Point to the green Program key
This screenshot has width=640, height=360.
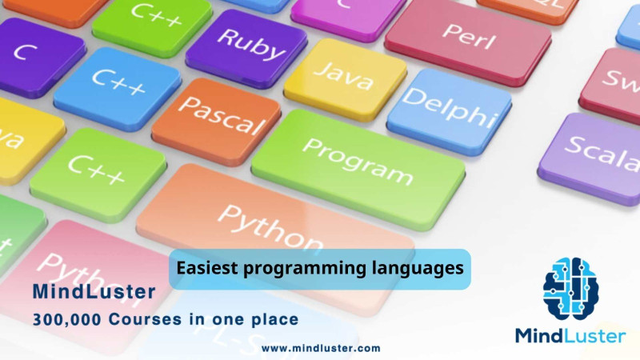click(x=358, y=160)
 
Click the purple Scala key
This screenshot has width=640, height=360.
click(x=596, y=152)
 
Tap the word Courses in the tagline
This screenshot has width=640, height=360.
click(x=145, y=319)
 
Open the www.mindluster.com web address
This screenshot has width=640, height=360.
click(x=321, y=348)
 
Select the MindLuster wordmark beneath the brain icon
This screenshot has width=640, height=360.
click(x=570, y=335)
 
